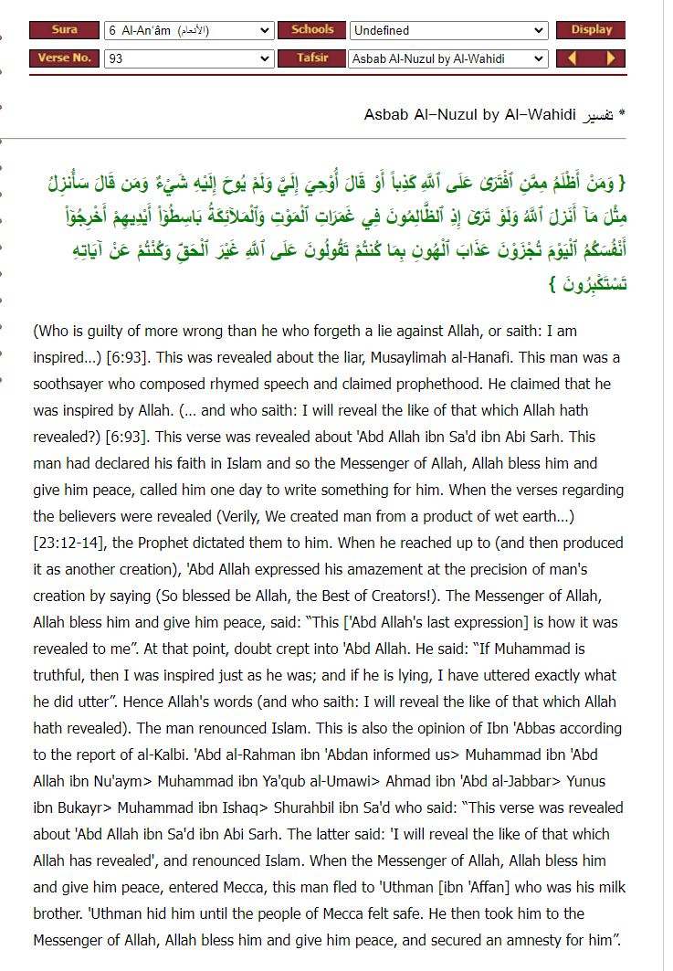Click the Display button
tap(591, 30)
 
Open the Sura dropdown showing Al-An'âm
tap(188, 30)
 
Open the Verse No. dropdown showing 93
tap(188, 58)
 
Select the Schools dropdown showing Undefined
tap(448, 30)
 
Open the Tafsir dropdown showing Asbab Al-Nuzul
tap(448, 58)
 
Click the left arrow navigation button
tap(573, 58)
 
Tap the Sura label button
tap(64, 30)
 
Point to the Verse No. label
tap(64, 58)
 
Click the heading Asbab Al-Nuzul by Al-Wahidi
tap(469, 115)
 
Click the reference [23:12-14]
tap(69, 543)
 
